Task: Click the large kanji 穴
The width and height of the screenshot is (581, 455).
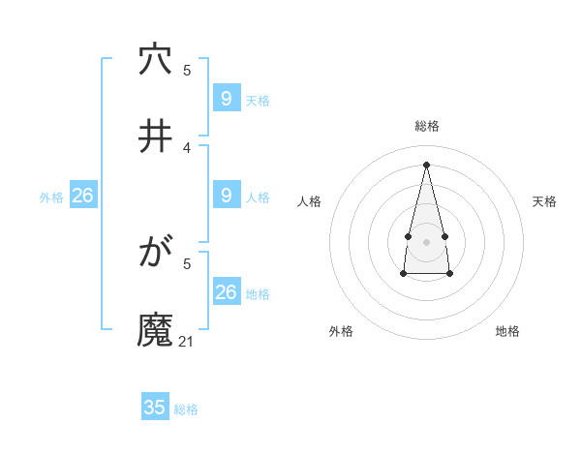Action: [155, 61]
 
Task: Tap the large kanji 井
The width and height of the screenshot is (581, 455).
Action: [155, 137]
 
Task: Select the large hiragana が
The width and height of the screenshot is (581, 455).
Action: [155, 255]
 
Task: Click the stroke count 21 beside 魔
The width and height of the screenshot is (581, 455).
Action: [187, 341]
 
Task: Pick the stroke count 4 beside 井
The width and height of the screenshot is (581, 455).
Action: [187, 147]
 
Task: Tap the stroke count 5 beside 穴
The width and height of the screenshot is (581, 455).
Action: [187, 71]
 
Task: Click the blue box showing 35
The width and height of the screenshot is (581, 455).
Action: [155, 408]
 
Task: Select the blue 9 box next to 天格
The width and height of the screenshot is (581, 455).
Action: [226, 99]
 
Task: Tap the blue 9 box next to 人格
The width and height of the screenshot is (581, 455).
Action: [226, 196]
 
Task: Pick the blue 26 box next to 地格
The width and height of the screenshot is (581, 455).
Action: [226, 292]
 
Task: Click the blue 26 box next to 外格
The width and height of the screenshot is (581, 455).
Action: [82, 196]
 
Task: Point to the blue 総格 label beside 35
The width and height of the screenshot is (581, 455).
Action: [186, 409]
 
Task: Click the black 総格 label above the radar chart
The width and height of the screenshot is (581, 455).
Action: [427, 126]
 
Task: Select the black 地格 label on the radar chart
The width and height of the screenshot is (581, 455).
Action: [507, 331]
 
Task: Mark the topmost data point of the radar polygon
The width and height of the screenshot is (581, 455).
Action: [426, 165]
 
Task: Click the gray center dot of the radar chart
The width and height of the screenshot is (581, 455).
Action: [426, 241]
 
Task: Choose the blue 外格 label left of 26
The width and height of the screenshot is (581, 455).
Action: [51, 197]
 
